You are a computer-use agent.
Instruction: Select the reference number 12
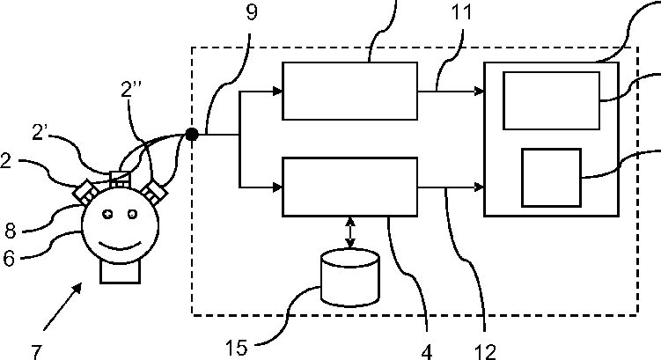pos(485,350)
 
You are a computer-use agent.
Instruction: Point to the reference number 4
pos(427,350)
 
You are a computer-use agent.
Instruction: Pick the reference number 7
pos(37,350)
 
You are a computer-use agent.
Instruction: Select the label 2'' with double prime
pos(133,90)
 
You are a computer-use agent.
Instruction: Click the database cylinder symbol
pos(349,277)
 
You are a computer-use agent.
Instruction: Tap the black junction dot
pos(190,135)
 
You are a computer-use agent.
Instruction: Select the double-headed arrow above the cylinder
pos(350,232)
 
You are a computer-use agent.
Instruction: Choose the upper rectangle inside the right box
pos(551,101)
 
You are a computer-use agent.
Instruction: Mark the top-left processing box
pos(349,91)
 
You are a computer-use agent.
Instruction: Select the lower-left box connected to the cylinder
pos(349,186)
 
